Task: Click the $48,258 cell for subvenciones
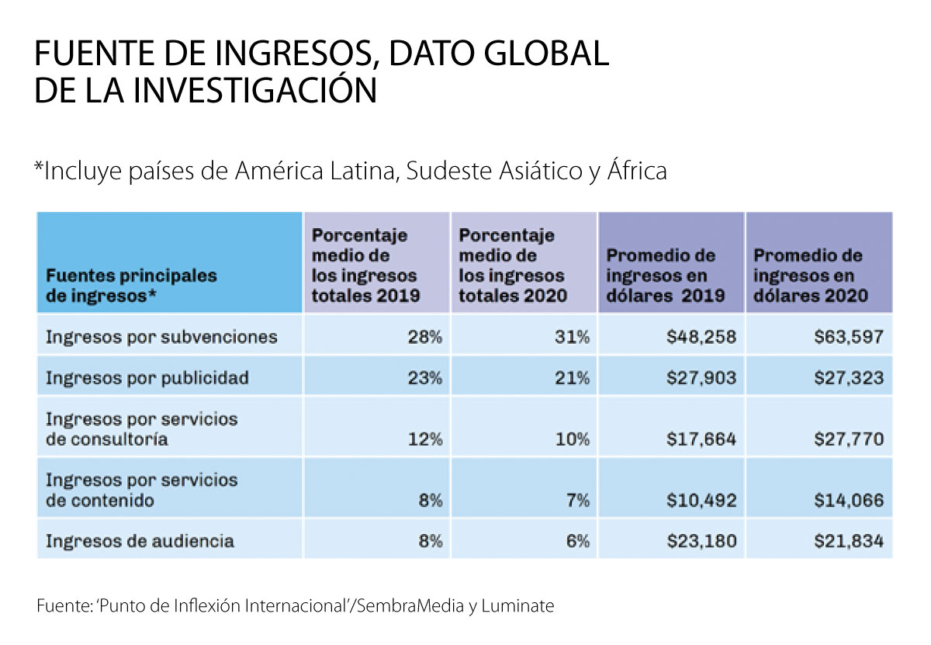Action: (x=701, y=338)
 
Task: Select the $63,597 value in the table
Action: (x=848, y=338)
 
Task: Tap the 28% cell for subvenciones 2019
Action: (x=425, y=338)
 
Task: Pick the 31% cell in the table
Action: (x=573, y=338)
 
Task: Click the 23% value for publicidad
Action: (x=425, y=378)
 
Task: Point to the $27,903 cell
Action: (x=701, y=378)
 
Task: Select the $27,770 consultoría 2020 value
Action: (x=848, y=439)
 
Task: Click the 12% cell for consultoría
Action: (x=425, y=439)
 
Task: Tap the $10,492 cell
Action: (x=701, y=501)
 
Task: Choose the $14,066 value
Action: (x=848, y=501)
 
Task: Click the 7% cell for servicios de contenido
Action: (x=578, y=501)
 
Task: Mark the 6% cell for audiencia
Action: (x=578, y=541)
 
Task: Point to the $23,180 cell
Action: (x=701, y=541)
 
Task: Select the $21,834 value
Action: (x=848, y=541)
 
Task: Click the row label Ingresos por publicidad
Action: (x=147, y=378)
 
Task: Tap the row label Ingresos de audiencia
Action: (x=140, y=541)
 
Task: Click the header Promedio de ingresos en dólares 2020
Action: (x=811, y=276)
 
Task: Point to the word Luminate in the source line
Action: (x=517, y=606)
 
